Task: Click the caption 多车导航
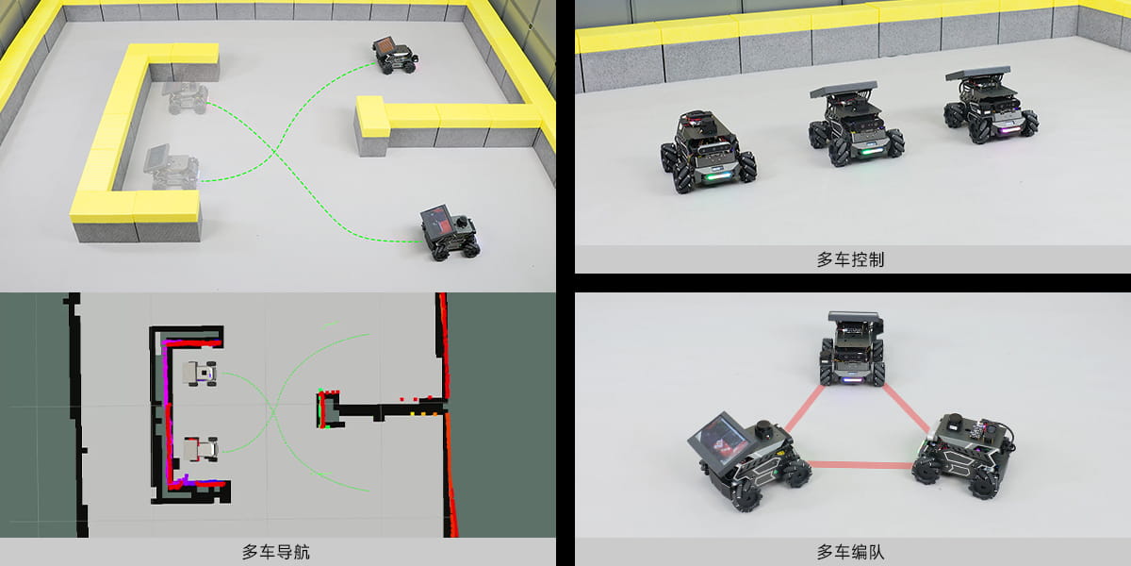pos(276,551)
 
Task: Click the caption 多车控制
pos(851,259)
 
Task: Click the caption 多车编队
pos(851,551)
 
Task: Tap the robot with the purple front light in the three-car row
pos(991,106)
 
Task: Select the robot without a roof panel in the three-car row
pos(708,151)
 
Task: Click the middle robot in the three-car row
pos(856,123)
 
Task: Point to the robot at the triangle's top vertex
pos(852,349)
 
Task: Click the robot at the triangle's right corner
pos(963,456)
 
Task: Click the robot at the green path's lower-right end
pos(450,232)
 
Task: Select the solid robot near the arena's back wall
pos(395,55)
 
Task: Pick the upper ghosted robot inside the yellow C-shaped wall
pos(186,97)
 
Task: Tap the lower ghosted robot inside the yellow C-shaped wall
pos(172,167)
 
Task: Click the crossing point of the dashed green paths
pos(274,151)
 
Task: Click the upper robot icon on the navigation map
pos(201,374)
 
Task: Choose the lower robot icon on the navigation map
pos(201,449)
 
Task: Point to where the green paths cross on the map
pos(274,412)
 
